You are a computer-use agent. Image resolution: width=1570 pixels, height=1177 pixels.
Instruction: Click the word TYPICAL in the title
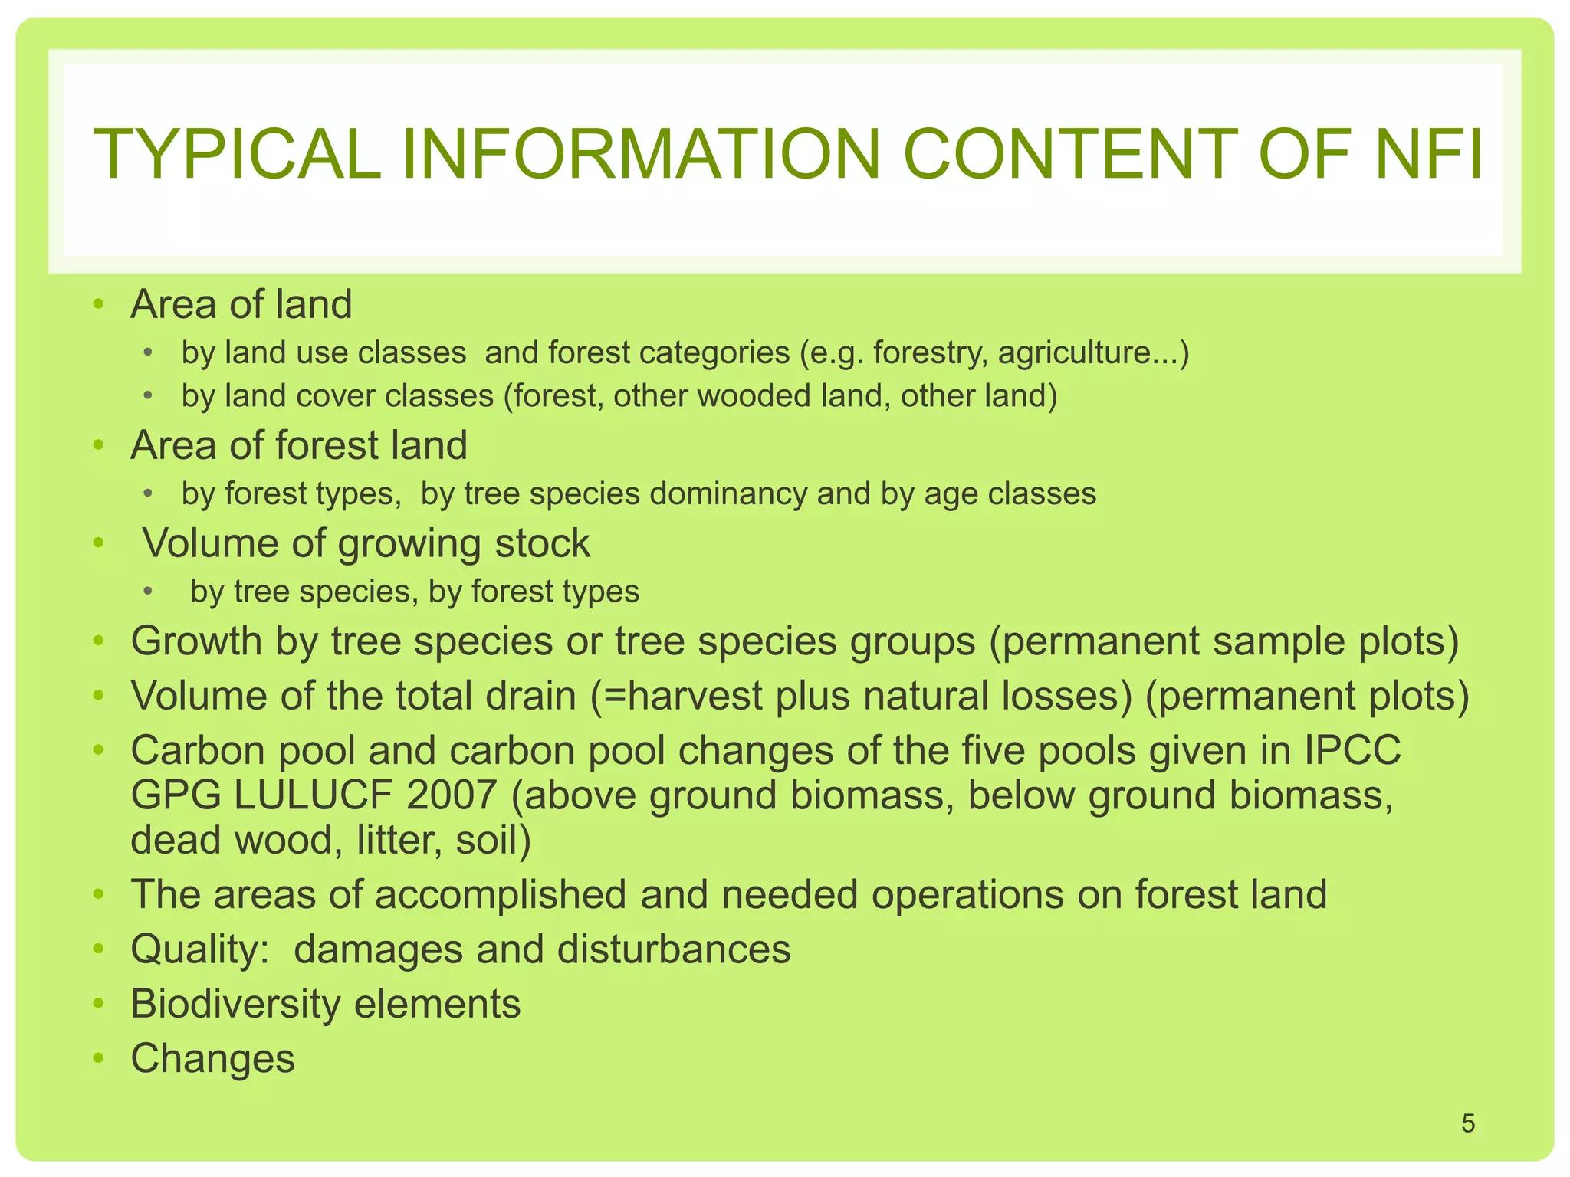point(236,155)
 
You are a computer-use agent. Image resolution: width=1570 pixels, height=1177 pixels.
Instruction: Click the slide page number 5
point(1468,1123)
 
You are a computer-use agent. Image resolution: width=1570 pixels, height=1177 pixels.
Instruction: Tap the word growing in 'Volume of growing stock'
point(409,544)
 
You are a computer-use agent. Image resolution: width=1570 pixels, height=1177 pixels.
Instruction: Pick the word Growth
point(196,641)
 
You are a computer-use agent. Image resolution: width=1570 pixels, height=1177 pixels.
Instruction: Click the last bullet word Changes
point(212,1059)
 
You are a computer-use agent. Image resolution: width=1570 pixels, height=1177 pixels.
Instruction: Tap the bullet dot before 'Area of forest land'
point(97,446)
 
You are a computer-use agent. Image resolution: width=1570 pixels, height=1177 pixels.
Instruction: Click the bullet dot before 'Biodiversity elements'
point(97,1004)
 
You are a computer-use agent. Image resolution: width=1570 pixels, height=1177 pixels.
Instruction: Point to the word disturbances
point(673,949)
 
